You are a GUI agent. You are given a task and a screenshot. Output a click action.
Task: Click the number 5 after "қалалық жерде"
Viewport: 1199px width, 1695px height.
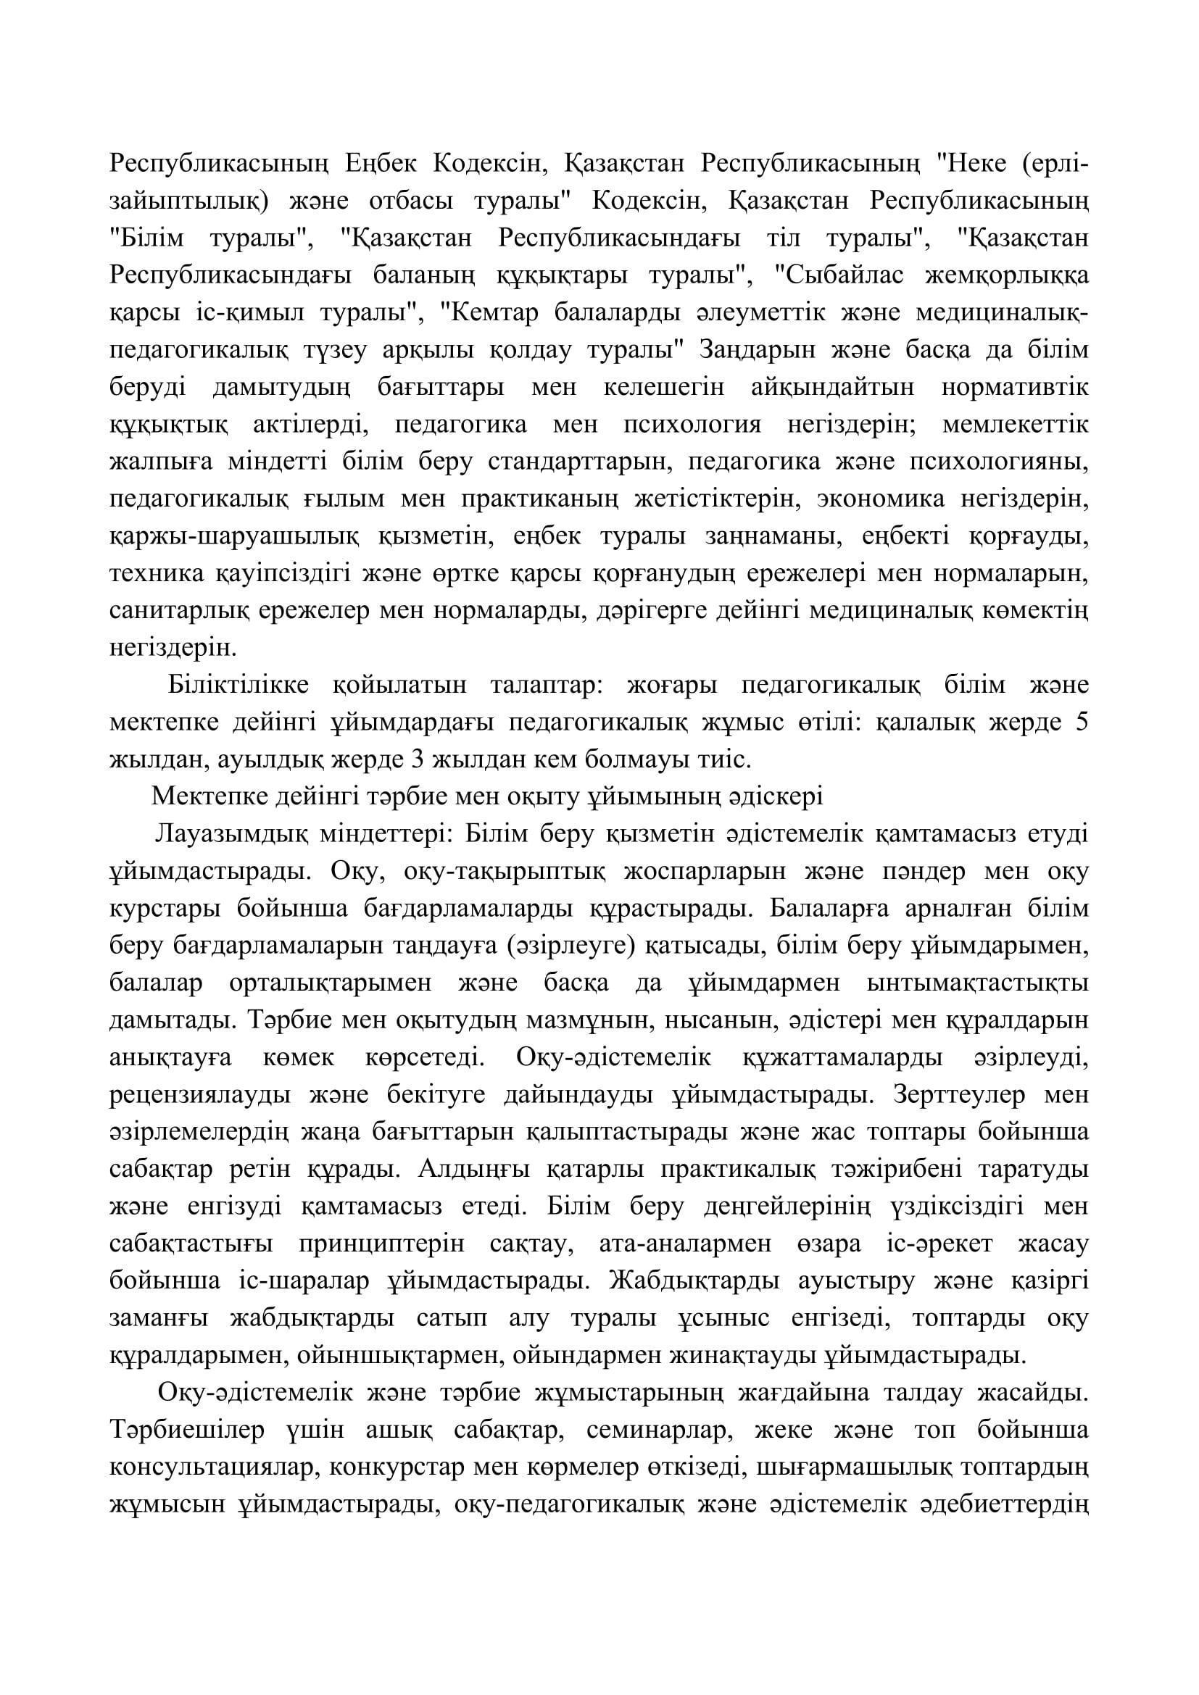tap(1082, 722)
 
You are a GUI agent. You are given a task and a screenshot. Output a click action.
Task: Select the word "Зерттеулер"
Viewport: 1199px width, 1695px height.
tap(959, 1096)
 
